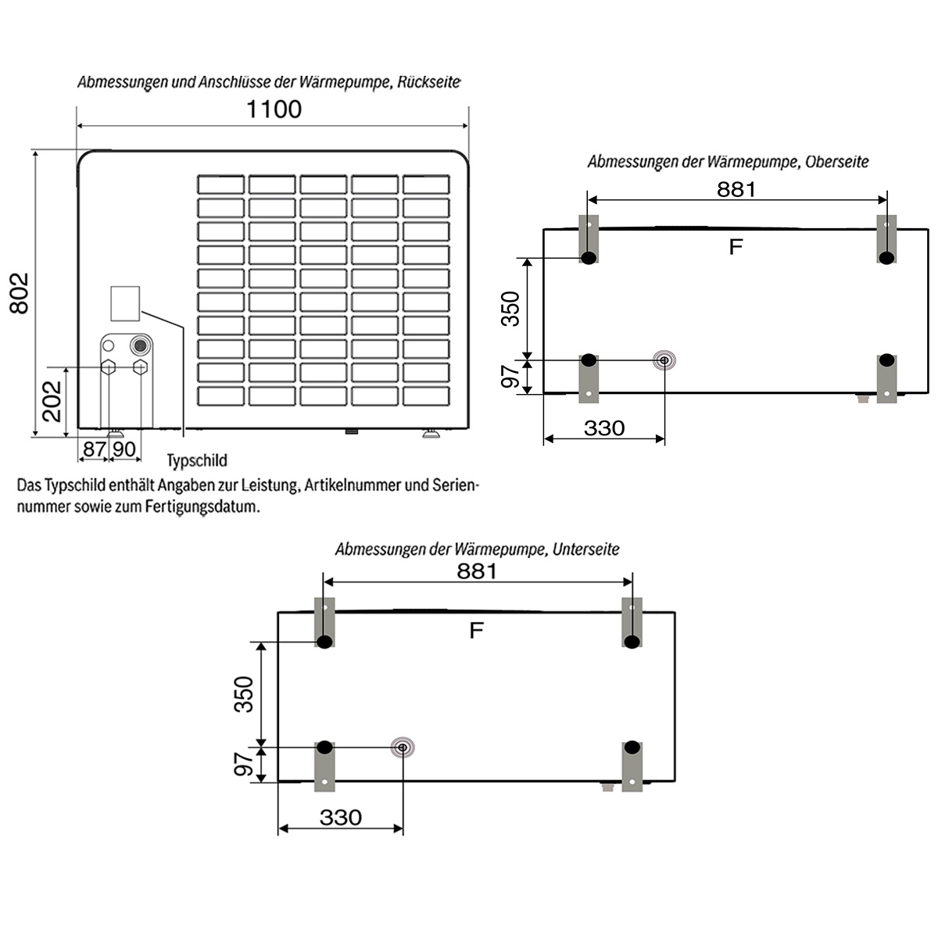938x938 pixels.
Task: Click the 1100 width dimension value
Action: point(274,109)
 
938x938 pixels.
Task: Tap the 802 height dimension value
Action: point(19,293)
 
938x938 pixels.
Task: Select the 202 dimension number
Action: point(52,400)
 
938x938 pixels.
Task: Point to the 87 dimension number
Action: point(94,449)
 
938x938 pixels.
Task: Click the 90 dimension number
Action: point(124,449)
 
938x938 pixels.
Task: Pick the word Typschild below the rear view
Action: point(197,461)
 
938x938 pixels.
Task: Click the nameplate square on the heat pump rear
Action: point(125,303)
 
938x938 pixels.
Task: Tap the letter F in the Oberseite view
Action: point(735,247)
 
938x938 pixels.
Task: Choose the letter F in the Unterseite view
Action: point(476,630)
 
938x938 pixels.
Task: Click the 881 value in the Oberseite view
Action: point(736,189)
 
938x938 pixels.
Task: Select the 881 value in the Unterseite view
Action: point(477,571)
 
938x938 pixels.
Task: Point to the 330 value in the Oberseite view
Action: point(604,428)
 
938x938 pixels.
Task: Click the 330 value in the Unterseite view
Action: point(341,818)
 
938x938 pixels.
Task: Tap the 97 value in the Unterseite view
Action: point(245,764)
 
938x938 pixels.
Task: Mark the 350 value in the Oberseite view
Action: point(510,308)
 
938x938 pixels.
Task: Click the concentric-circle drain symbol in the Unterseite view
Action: point(402,748)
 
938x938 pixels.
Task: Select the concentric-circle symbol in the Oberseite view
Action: point(664,360)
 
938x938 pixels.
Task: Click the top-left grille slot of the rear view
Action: point(220,184)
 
